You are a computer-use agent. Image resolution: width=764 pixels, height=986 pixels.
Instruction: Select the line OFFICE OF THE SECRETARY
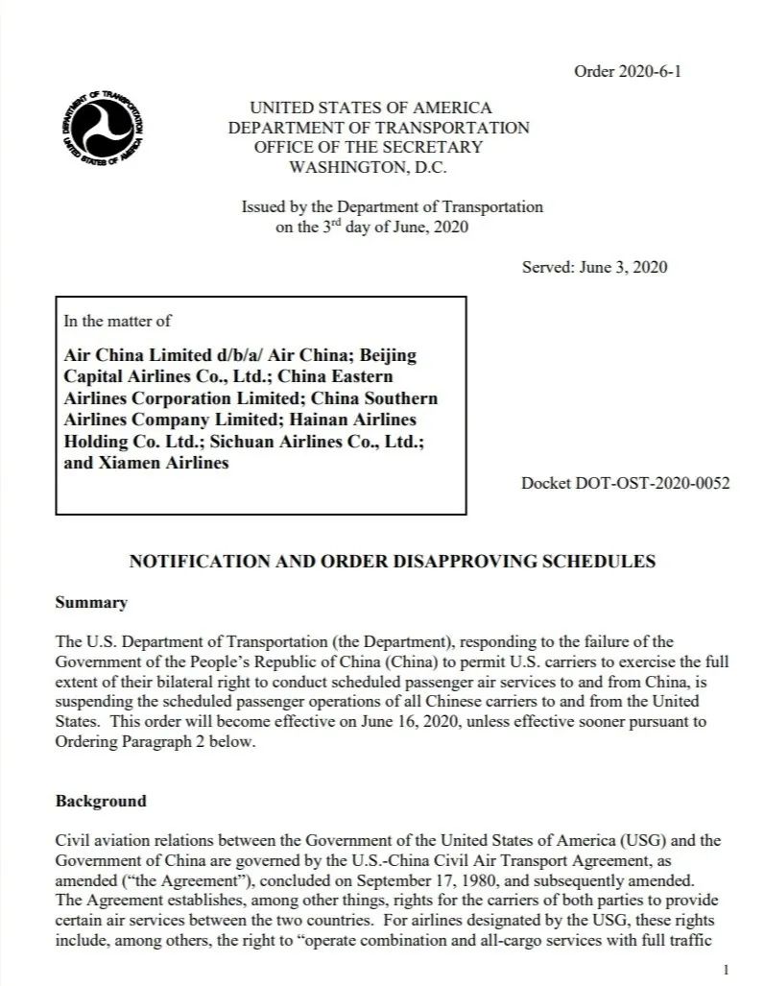[x=368, y=147]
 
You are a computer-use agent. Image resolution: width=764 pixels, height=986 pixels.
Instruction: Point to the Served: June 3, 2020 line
[x=594, y=266]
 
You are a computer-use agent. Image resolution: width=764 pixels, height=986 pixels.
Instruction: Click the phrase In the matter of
[x=117, y=321]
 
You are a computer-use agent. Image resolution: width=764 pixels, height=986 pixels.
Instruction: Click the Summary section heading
[x=91, y=603]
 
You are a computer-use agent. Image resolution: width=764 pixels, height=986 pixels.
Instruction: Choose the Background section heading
[x=101, y=801]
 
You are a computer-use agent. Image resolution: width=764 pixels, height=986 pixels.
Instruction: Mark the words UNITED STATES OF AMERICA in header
[x=370, y=108]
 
